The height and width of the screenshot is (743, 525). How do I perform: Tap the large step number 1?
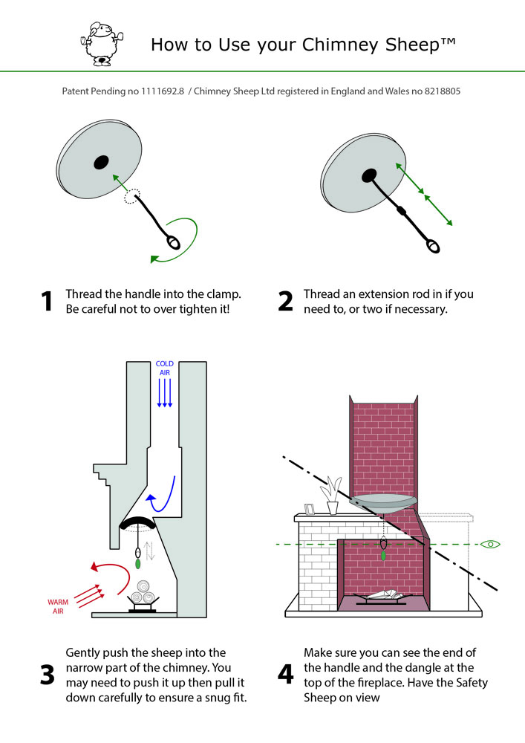47,301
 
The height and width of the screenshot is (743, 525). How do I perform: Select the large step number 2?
286,301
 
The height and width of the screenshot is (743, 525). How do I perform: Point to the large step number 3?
47,675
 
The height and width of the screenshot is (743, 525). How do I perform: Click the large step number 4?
286,675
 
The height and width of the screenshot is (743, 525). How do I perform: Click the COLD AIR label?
165,369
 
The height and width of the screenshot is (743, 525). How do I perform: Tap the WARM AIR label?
57,606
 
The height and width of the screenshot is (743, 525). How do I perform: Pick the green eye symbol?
490,545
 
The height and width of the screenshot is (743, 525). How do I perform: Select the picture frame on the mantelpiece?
310,509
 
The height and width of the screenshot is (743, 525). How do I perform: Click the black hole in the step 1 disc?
100,163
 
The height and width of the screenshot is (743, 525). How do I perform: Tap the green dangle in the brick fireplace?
383,554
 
